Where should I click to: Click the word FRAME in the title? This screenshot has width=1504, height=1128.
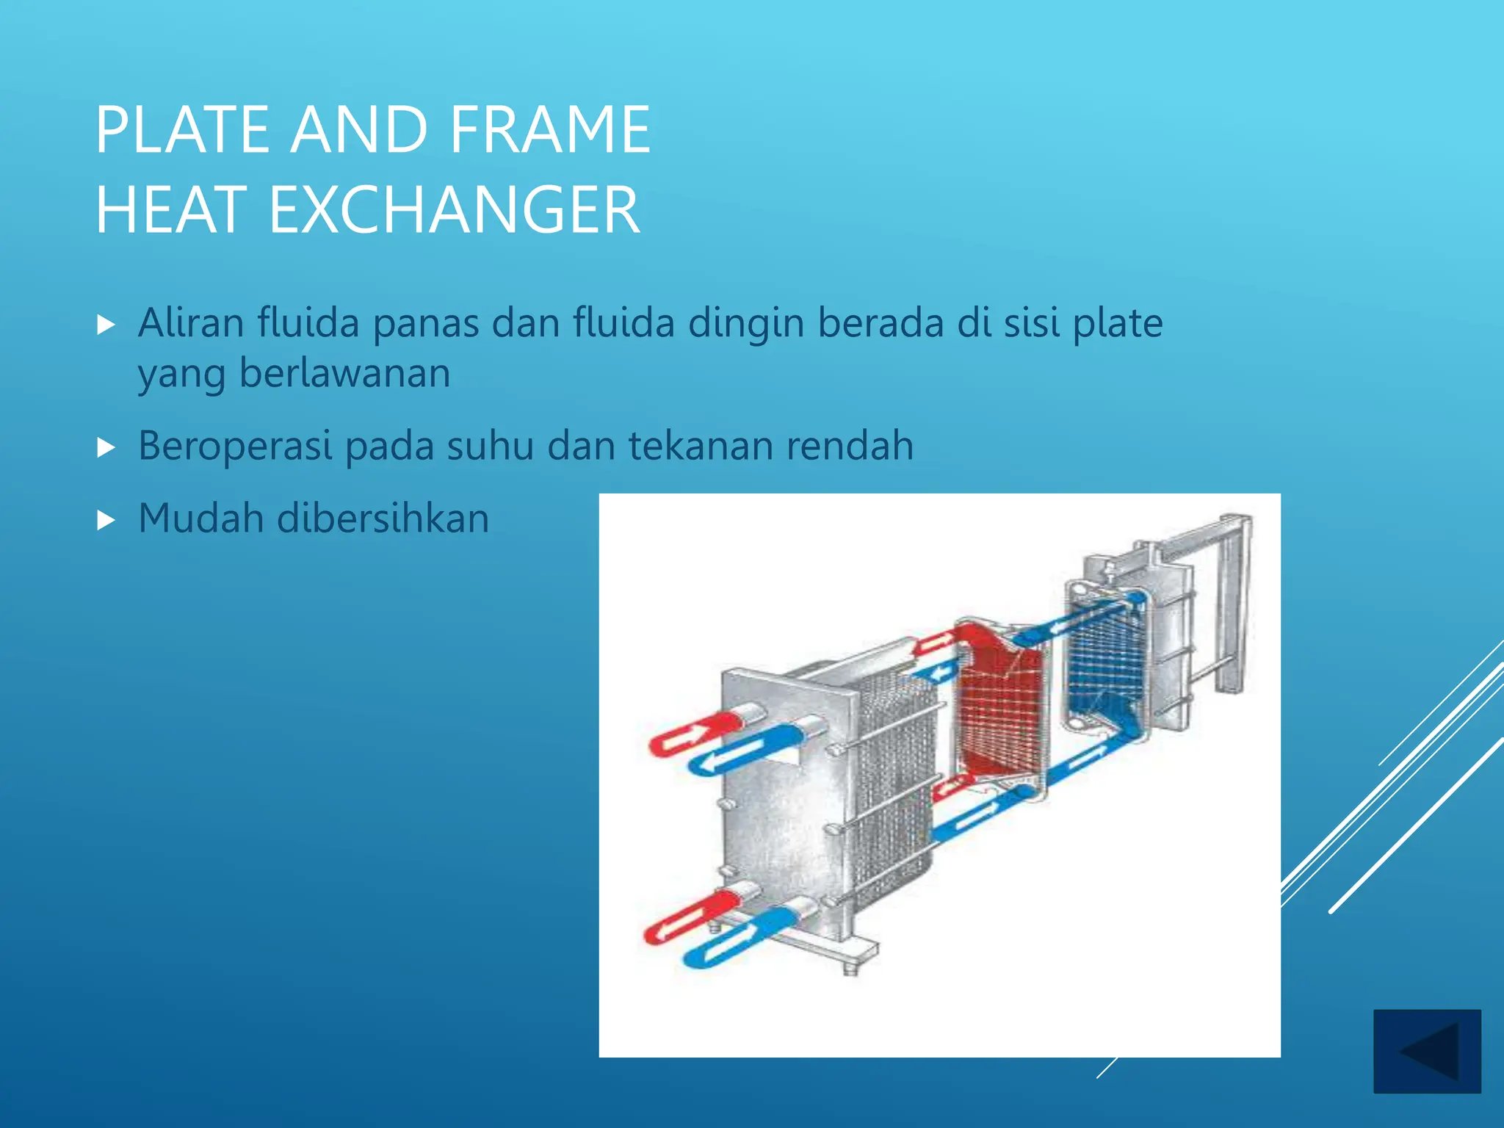tap(549, 130)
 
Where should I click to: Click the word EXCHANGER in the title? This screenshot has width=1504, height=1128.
tap(455, 211)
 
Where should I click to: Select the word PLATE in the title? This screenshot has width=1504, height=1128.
tap(183, 130)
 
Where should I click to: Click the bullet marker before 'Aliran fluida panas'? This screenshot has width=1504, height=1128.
tap(106, 325)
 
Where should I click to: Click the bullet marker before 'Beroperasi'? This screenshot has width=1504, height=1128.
tap(106, 447)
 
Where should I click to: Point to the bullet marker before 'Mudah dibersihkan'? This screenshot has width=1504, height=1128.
tap(106, 521)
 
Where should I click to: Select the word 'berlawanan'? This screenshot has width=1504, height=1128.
tap(344, 373)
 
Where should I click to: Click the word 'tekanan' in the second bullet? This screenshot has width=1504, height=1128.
tap(699, 446)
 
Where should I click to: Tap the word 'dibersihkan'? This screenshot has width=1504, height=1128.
tap(383, 518)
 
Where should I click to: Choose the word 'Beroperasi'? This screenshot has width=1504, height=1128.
tap(235, 446)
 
